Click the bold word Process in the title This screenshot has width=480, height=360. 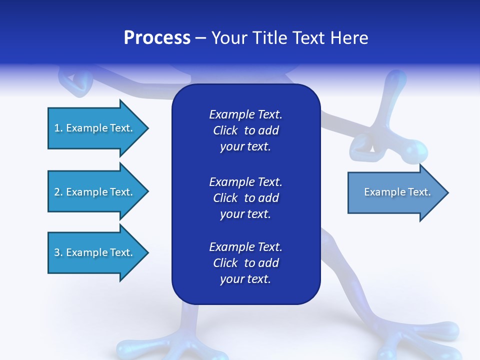click(x=157, y=38)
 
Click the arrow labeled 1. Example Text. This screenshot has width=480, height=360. click(x=98, y=128)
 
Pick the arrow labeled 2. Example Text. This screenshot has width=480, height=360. click(x=98, y=191)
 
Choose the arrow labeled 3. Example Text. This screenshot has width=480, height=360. click(x=98, y=252)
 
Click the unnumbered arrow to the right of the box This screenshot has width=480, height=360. click(x=398, y=192)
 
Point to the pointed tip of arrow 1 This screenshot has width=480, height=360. click(x=149, y=128)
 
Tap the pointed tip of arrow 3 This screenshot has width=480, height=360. click(x=149, y=252)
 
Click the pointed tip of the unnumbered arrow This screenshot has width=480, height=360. click(x=448, y=192)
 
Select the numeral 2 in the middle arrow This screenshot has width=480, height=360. click(x=57, y=192)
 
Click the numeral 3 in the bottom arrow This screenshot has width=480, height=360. click(x=57, y=252)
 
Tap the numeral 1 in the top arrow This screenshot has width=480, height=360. click(x=57, y=128)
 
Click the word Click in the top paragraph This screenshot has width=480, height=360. click(x=225, y=130)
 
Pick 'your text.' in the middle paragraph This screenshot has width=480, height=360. click(x=245, y=214)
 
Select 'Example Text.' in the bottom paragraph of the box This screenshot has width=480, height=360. click(x=245, y=246)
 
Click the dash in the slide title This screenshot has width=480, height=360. click(x=201, y=39)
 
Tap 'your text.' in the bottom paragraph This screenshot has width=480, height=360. click(x=245, y=279)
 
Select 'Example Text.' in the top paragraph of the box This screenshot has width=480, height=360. click(x=245, y=114)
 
